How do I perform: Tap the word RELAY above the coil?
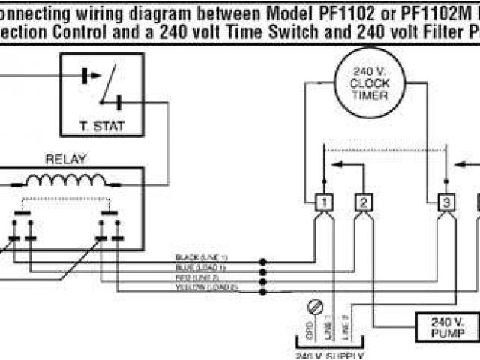tap(66, 159)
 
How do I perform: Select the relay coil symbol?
tap(67, 181)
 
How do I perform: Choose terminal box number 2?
tap(363, 202)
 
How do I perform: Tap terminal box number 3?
tap(445, 202)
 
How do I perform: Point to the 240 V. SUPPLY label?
tap(330, 355)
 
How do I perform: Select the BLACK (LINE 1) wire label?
tap(201, 257)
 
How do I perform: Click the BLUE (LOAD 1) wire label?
tap(201, 267)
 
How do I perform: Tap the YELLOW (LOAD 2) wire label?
tap(205, 286)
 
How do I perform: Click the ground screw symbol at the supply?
tap(315, 305)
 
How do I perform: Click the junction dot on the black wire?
tap(262, 262)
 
